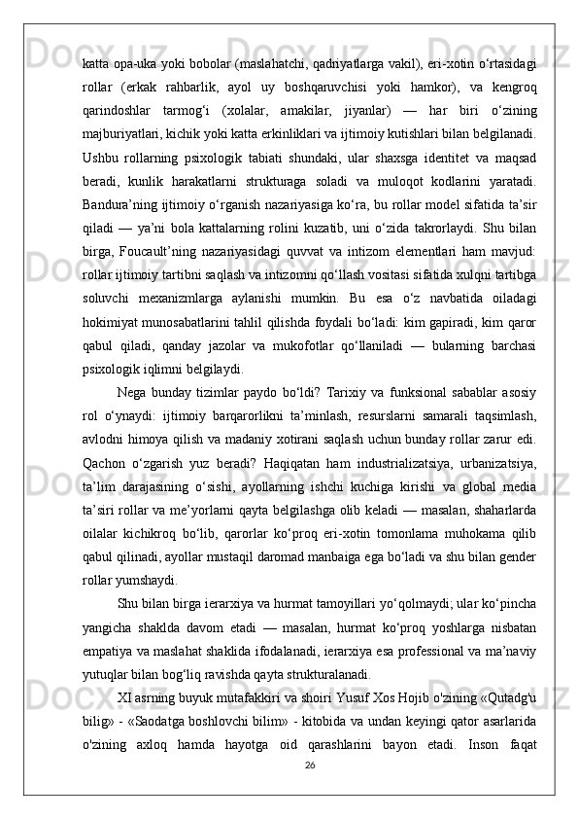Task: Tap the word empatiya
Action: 113,672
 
